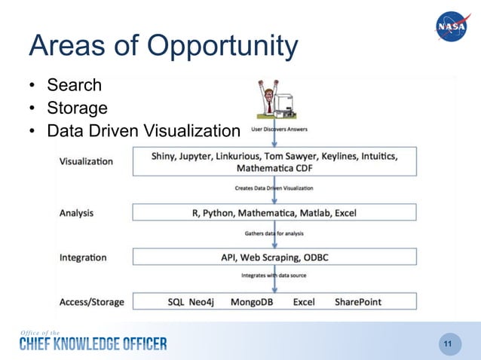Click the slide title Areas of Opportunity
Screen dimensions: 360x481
(x=164, y=46)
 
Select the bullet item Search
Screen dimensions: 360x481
(x=74, y=84)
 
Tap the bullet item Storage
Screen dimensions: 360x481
(x=77, y=108)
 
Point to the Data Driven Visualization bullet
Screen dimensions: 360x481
(x=142, y=132)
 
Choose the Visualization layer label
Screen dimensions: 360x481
(x=86, y=161)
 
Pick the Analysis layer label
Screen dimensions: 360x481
(x=76, y=212)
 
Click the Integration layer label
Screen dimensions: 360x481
(x=82, y=258)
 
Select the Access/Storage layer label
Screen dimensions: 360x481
(x=91, y=302)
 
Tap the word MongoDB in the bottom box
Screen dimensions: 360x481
(x=253, y=302)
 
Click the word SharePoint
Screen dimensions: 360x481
(x=358, y=302)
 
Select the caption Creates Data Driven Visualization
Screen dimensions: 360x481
(x=274, y=188)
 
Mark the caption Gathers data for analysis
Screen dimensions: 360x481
(x=274, y=233)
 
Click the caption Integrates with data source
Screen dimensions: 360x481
(x=274, y=276)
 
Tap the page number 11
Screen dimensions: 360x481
(x=448, y=344)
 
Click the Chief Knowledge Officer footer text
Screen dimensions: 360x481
(x=93, y=344)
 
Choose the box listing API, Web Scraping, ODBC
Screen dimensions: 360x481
(x=274, y=258)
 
